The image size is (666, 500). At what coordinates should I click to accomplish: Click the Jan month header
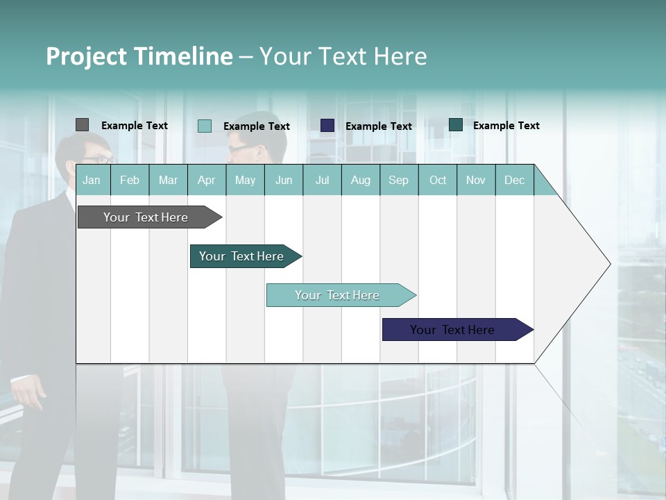pos(92,180)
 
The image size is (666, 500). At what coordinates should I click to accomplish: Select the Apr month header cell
pos(206,180)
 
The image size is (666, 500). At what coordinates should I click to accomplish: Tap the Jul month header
pos(322,180)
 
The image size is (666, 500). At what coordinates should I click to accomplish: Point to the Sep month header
pos(398,180)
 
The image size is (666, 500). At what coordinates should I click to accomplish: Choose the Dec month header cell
pos(514,180)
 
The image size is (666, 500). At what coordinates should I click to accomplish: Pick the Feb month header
pos(130,180)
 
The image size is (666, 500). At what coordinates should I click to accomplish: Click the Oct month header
pos(438,180)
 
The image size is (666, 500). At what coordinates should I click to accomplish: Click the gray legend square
pos(82,125)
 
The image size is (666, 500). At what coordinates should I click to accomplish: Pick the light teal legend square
pos(205,126)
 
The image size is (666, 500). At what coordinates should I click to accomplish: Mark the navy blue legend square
pos(327,125)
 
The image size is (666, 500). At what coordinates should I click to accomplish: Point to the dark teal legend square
pos(456,125)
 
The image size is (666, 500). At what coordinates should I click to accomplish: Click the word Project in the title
pos(87,56)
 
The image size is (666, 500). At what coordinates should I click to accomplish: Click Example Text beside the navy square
pos(378,126)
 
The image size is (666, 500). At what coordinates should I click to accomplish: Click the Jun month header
pos(284,180)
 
